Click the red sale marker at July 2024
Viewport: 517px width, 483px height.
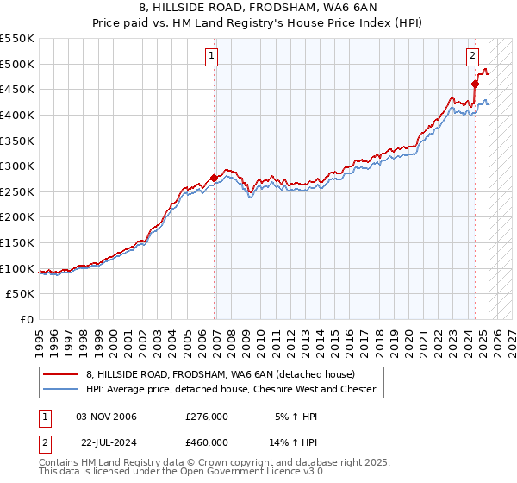[475, 84]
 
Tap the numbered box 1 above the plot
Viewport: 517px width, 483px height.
[211, 57]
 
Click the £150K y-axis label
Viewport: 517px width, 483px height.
[17, 242]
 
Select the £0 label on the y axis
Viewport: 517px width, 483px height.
[26, 319]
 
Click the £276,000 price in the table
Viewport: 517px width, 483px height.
[207, 417]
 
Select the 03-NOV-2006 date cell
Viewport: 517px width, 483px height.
[107, 417]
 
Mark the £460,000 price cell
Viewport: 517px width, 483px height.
[207, 442]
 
